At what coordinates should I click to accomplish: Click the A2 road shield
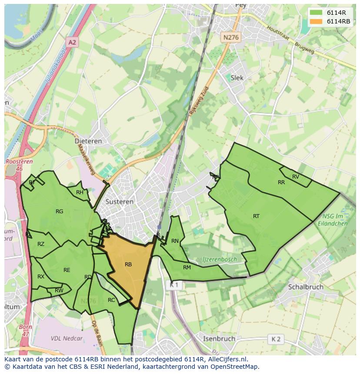click(x=72, y=42)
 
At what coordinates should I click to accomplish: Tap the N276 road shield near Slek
click(x=230, y=38)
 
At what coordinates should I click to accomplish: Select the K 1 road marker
click(x=174, y=285)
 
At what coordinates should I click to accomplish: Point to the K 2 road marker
click(x=276, y=339)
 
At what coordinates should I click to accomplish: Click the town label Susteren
click(x=120, y=202)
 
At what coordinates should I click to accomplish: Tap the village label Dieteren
click(x=88, y=141)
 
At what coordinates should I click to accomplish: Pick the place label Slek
click(x=237, y=78)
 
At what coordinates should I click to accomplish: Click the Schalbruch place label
click(x=306, y=287)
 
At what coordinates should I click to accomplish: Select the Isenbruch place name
click(x=219, y=338)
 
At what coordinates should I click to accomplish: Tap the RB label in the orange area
click(x=128, y=265)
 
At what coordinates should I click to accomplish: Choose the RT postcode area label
click(x=256, y=216)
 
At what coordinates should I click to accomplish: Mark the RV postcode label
click(x=296, y=176)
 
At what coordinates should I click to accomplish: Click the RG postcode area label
click(x=60, y=212)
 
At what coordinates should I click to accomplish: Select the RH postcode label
click(x=80, y=192)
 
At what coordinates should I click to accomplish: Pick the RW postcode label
click(x=59, y=291)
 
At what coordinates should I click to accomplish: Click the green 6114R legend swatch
click(x=316, y=13)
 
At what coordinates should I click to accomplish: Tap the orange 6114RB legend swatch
click(x=316, y=21)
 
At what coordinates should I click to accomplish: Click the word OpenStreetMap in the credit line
click(x=234, y=367)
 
